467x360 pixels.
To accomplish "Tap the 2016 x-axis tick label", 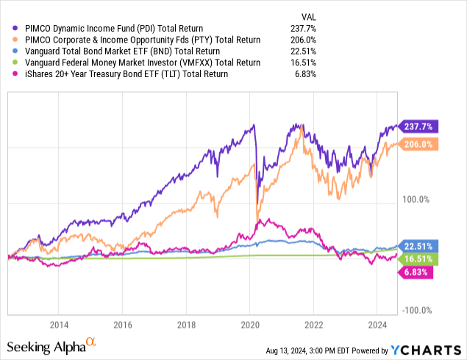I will coord(123,325).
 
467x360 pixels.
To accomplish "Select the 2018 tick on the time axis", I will coord(187,325).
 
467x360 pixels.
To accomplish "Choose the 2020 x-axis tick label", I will coord(250,325).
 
